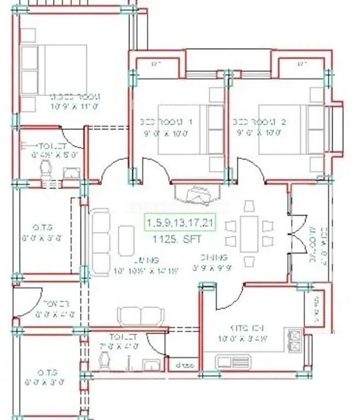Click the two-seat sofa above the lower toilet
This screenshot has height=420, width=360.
(x=141, y=316)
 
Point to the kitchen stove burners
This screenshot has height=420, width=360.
(x=295, y=340)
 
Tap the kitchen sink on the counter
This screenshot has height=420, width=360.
(x=233, y=361)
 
